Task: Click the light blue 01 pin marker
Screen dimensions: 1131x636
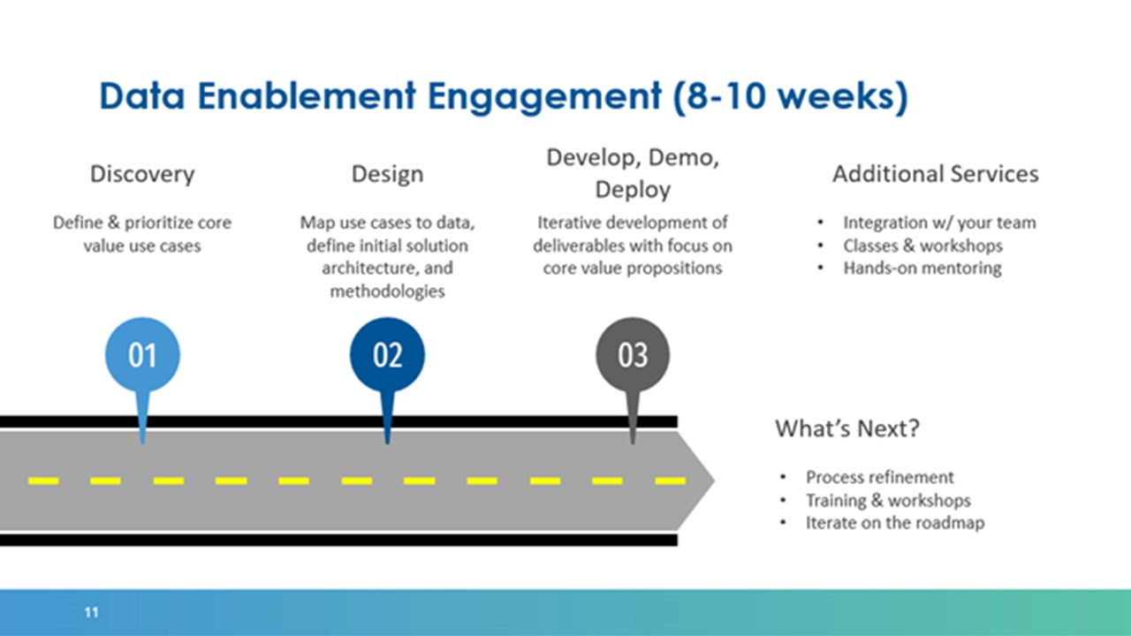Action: coord(142,355)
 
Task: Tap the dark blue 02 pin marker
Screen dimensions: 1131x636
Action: coord(387,355)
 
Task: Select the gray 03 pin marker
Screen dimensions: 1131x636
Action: coord(633,355)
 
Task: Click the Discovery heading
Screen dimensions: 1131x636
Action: coord(142,174)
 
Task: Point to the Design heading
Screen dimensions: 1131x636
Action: coord(387,174)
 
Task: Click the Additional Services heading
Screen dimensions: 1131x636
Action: coord(936,174)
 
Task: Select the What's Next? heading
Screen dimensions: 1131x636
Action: coord(847,428)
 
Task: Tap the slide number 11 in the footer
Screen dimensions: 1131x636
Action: coord(91,612)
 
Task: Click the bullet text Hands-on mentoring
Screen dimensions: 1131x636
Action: coord(922,268)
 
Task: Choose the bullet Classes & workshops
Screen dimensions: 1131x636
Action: coord(923,246)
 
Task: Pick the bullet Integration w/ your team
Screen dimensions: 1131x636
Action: coord(939,223)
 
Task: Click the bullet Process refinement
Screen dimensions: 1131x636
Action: coord(879,477)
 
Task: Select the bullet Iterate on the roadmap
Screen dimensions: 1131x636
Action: coord(895,523)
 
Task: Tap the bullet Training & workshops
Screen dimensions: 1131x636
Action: coord(888,500)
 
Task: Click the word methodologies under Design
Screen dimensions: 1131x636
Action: coord(387,291)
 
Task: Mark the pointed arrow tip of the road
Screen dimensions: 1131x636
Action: coord(714,481)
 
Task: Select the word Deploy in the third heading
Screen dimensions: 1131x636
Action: coord(633,190)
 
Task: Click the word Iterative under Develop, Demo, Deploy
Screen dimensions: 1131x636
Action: coord(569,222)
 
